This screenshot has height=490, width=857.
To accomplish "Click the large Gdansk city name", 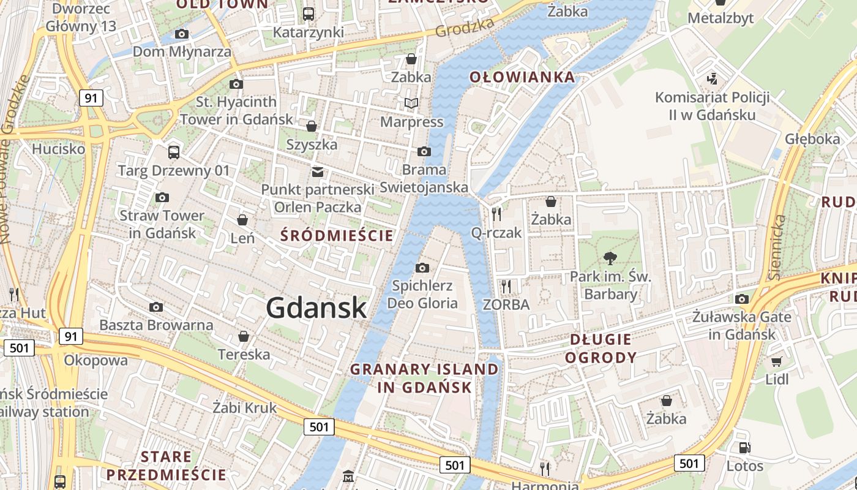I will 316,307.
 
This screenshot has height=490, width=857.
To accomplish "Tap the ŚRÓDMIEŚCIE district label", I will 337,235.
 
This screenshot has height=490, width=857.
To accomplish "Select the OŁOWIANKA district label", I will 522,77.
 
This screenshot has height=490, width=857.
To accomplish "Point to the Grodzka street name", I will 465,28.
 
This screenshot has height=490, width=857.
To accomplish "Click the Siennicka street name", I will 777,247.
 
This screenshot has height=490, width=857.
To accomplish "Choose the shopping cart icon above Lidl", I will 777,361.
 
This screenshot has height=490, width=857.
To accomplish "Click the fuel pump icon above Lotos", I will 744,448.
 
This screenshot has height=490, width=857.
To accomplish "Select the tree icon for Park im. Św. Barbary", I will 610,258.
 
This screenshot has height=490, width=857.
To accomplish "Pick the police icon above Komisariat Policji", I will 712,79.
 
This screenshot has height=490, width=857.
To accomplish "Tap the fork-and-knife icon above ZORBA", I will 506,286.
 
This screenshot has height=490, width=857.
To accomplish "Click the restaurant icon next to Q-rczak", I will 496,214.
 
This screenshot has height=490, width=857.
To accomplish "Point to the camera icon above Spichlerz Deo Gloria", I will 422,268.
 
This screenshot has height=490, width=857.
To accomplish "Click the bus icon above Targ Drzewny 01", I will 174,152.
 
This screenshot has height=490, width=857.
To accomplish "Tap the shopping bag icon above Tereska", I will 244,336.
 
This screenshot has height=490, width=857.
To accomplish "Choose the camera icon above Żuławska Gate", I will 742,299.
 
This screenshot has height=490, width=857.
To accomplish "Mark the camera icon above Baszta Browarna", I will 156,307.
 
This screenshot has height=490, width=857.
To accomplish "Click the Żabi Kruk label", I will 244,408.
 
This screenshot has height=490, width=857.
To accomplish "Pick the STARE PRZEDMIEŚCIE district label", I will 166,466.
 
